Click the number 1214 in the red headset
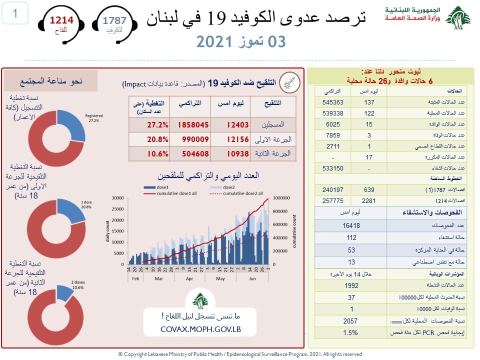click(61, 20)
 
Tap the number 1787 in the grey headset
click(114, 20)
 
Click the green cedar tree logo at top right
click(457, 18)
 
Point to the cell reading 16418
click(352, 225)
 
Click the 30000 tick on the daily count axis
click(117, 198)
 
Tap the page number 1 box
click(15, 13)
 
